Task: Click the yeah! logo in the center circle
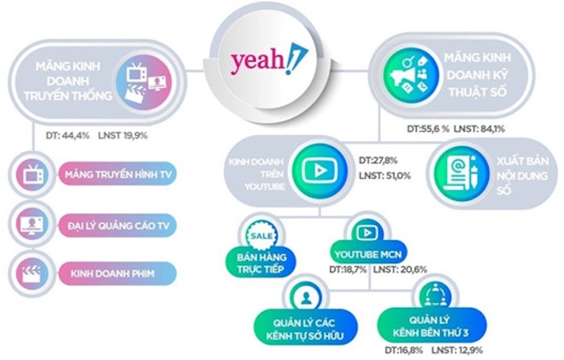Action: pos(269,60)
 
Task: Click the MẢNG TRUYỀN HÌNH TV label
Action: pos(118,174)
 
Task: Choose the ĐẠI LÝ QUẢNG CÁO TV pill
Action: pos(118,226)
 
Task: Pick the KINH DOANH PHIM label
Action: pos(112,274)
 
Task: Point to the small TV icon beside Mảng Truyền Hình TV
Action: pos(32,174)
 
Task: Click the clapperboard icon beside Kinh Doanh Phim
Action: pos(32,274)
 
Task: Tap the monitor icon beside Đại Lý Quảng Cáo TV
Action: pos(32,226)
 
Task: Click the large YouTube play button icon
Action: pos(320,171)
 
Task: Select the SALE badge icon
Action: pos(261,236)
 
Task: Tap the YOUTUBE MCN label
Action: pos(368,255)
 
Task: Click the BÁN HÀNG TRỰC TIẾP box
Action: pos(261,263)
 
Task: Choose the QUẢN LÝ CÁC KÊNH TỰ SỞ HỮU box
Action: pos(306,329)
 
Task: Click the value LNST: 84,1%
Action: pos(479,128)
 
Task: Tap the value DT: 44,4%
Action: pos(68,136)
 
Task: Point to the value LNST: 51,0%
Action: pos(385,176)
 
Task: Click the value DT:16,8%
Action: pos(403,351)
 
